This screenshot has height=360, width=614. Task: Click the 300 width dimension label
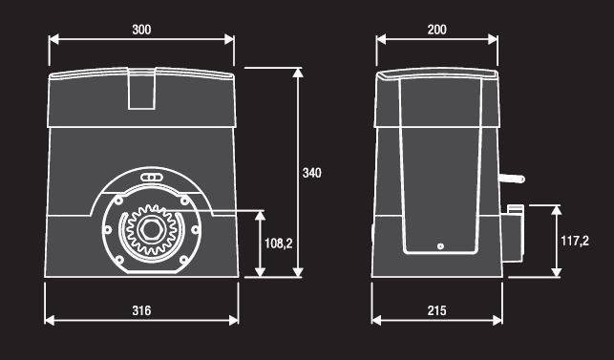click(141, 30)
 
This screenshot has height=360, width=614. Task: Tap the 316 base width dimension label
click(141, 310)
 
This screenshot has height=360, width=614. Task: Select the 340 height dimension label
click(311, 173)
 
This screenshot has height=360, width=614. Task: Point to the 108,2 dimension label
click(279, 244)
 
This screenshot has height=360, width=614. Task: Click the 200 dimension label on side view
click(436, 30)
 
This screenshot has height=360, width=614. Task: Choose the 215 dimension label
click(436, 310)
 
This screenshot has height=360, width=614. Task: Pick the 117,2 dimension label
click(575, 241)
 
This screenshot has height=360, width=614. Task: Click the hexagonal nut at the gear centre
click(151, 230)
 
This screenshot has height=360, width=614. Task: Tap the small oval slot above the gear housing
click(151, 178)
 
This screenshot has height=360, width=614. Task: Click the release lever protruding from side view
click(512, 179)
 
